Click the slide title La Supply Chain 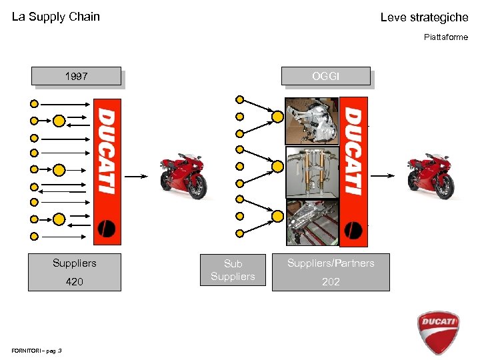pos(56,17)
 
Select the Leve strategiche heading pos(424,17)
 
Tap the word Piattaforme pos(446,37)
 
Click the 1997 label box pos(76,77)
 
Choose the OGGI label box pos(325,76)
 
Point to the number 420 pos(75,282)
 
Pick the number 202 pos(331,282)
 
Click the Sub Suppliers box pos(233,270)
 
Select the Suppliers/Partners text pos(331,263)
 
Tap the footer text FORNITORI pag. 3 pos(37,350)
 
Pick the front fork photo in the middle pos(311,172)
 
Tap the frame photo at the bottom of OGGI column pos(311,223)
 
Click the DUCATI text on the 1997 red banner pos(107,151)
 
